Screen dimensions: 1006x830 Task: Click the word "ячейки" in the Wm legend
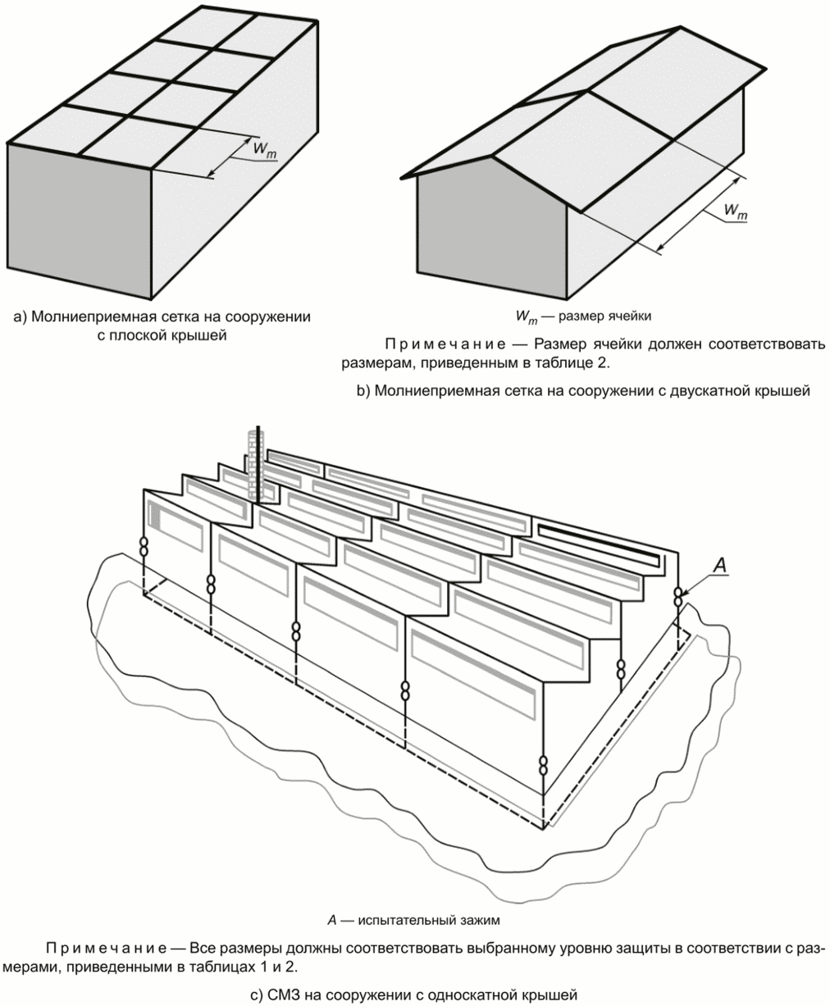coord(630,314)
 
